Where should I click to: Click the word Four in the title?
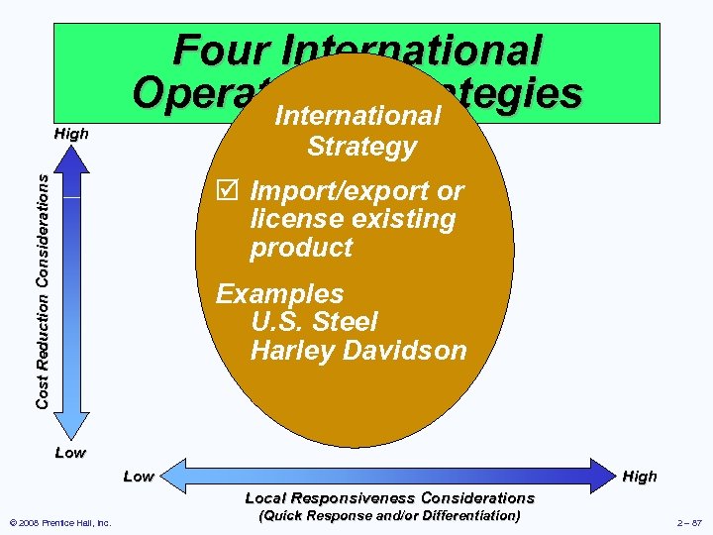point(220,51)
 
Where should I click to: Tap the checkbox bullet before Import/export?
point(226,190)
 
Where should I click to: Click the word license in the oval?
point(294,218)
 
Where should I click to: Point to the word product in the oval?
point(301,247)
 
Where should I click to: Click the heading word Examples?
point(280,294)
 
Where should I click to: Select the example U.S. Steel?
point(314,322)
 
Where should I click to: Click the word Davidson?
point(409,350)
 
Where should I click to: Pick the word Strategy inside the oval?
point(361,147)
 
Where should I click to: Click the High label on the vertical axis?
point(71,134)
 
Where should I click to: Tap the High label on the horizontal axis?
point(640,477)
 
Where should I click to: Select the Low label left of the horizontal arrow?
point(139,477)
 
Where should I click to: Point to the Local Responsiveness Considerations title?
point(389,497)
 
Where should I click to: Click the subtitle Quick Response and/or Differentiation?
point(389,515)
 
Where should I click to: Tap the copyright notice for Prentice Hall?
point(59,522)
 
